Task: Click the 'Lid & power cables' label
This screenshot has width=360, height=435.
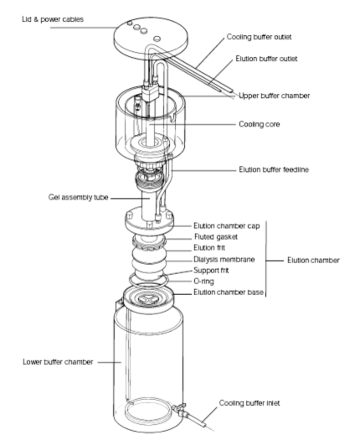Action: [x=53, y=19]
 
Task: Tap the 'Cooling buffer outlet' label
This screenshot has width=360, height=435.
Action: [x=259, y=37]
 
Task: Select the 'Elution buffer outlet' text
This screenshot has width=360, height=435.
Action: [x=266, y=59]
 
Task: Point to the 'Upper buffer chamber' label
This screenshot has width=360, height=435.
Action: [x=275, y=96]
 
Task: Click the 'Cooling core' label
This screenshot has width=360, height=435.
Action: [x=260, y=124]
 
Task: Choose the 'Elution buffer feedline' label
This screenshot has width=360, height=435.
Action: [x=274, y=169]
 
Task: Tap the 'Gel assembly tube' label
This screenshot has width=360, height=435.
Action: [x=78, y=198]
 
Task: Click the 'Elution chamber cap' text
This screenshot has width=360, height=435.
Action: [x=227, y=225]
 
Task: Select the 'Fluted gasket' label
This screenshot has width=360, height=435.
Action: [x=216, y=237]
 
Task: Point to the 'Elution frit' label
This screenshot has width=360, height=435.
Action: [x=209, y=248]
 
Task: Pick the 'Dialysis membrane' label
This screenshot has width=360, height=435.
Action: [x=224, y=260]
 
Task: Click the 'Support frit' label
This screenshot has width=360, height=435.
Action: [x=211, y=271]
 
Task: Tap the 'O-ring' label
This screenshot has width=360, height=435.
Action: [x=203, y=282]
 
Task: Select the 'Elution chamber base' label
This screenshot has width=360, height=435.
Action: [x=229, y=293]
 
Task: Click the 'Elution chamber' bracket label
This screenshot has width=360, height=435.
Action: [x=313, y=261]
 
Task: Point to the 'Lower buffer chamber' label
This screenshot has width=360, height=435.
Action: [x=58, y=362]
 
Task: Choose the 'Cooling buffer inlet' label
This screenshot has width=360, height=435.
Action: [x=249, y=403]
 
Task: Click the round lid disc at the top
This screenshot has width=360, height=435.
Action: [x=151, y=38]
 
